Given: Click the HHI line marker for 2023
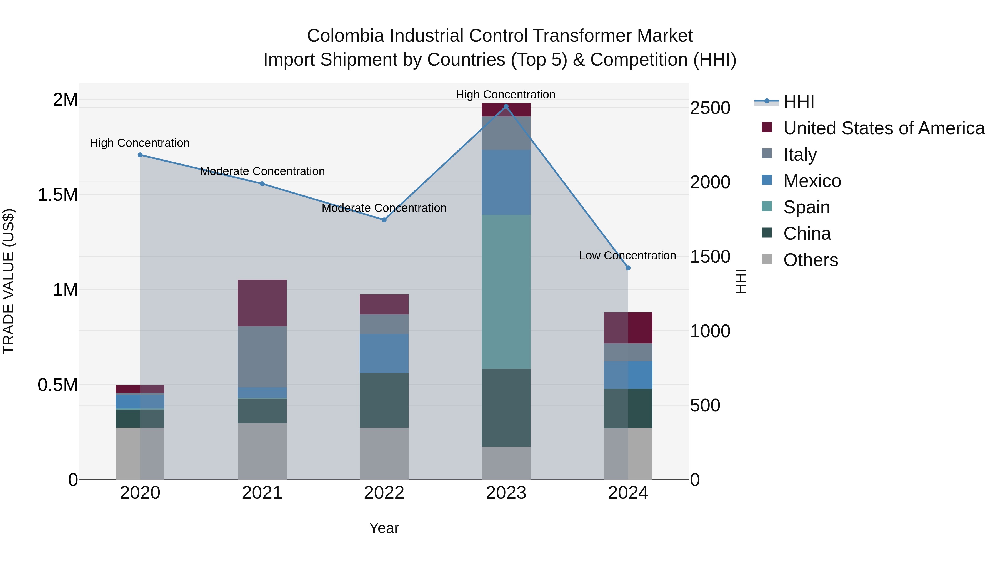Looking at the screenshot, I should click(x=506, y=106).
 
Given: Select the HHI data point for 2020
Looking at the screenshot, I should click(x=140, y=155).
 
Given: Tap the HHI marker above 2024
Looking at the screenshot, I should click(x=628, y=268).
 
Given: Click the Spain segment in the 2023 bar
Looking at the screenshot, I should click(x=506, y=291).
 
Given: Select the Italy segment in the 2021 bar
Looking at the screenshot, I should click(x=262, y=356).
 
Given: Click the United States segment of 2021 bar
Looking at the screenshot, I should click(x=262, y=303).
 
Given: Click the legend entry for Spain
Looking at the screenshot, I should click(x=806, y=207).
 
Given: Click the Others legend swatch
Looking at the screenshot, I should click(x=767, y=259).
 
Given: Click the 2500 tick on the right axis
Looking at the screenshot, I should click(x=710, y=108).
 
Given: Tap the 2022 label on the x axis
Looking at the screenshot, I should click(x=384, y=493).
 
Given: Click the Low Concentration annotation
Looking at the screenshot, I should click(x=627, y=256).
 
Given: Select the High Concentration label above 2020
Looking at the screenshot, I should click(x=140, y=143).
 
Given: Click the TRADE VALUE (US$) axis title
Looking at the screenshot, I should click(x=9, y=281).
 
